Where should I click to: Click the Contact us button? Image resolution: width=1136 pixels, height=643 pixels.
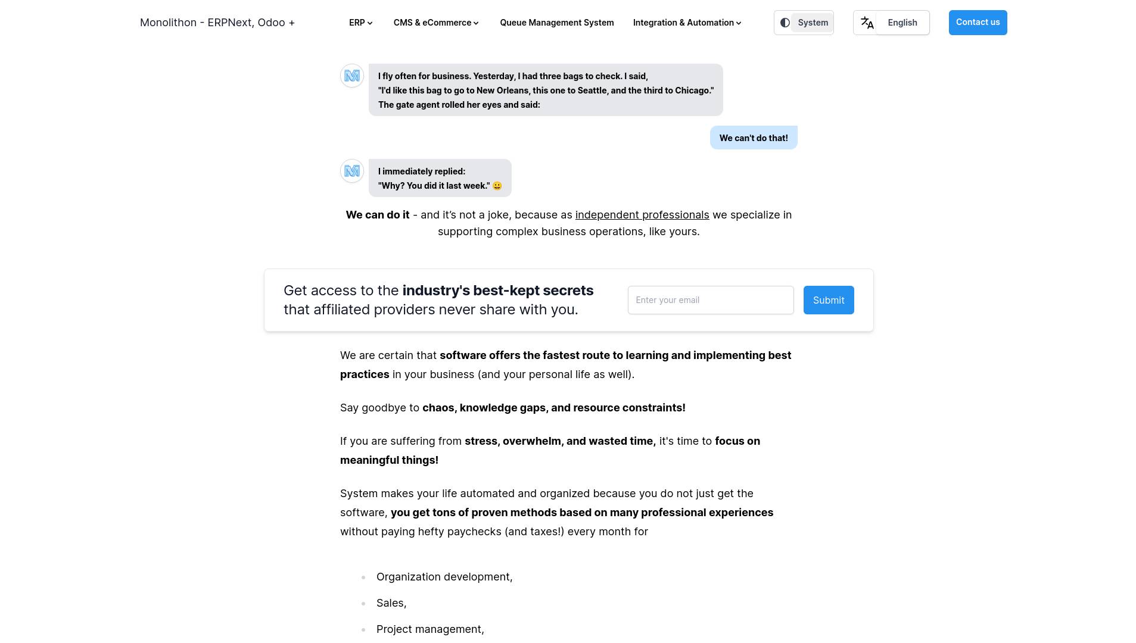pos(978,23)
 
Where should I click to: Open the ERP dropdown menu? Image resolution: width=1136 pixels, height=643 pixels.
pos(360,23)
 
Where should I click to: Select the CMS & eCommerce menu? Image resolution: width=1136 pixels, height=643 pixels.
pos(436,23)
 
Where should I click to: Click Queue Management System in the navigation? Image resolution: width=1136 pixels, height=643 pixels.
pos(556,23)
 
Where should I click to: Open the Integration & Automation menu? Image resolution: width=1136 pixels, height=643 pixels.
pos(687,23)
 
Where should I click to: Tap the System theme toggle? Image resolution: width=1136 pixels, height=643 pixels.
pos(804,23)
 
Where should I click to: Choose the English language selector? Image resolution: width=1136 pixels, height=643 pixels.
pos(902,23)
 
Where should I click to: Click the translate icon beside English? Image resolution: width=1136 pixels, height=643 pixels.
pos(867,23)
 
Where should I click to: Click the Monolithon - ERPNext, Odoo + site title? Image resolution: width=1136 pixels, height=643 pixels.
pos(217,23)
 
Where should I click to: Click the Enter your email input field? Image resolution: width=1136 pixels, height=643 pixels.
pos(710,300)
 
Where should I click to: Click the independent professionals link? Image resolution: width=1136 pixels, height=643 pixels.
pos(642,215)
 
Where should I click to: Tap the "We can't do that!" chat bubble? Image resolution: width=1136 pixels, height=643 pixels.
pos(753,138)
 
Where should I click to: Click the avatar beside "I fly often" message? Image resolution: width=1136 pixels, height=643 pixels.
pos(352,76)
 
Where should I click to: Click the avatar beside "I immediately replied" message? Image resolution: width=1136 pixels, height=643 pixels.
pos(352,171)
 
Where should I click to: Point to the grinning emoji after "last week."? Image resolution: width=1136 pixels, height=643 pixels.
pos(497,186)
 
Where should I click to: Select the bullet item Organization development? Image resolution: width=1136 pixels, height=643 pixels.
pos(444,577)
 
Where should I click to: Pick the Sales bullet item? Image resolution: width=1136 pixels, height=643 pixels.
pos(391,603)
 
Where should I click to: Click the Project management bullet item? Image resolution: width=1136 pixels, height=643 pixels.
pos(429,629)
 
